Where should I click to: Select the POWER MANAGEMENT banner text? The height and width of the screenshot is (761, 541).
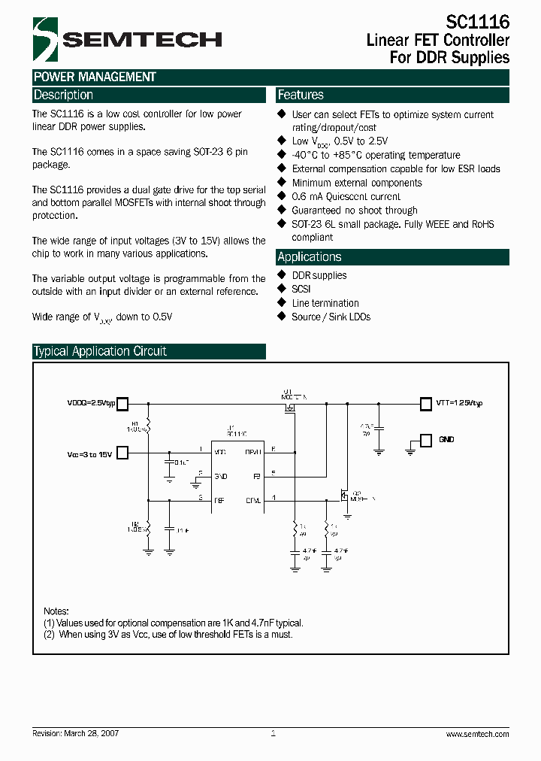95,77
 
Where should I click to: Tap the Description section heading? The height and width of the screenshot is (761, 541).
64,95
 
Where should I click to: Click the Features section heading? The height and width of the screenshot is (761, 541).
301,95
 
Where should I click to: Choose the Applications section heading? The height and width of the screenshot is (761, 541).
310,256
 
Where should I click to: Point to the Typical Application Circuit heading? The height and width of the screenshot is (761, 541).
100,351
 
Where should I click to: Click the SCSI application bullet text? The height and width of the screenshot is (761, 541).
301,289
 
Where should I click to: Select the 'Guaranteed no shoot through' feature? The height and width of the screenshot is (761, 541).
355,211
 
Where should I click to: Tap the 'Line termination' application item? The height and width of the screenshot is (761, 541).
325,303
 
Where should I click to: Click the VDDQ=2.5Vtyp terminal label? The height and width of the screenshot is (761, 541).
91,403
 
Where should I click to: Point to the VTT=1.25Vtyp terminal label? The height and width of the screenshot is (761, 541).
459,403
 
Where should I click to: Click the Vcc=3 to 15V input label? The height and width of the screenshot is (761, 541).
89,453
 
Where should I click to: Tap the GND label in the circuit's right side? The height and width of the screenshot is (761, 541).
446,439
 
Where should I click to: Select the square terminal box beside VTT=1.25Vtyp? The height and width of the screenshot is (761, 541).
425,403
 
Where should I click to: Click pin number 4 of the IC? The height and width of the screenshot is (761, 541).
274,497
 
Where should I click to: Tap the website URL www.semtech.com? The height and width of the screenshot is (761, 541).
477,734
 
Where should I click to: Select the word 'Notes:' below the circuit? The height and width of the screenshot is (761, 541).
56,611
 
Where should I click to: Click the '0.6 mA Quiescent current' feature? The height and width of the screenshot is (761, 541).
346,197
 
